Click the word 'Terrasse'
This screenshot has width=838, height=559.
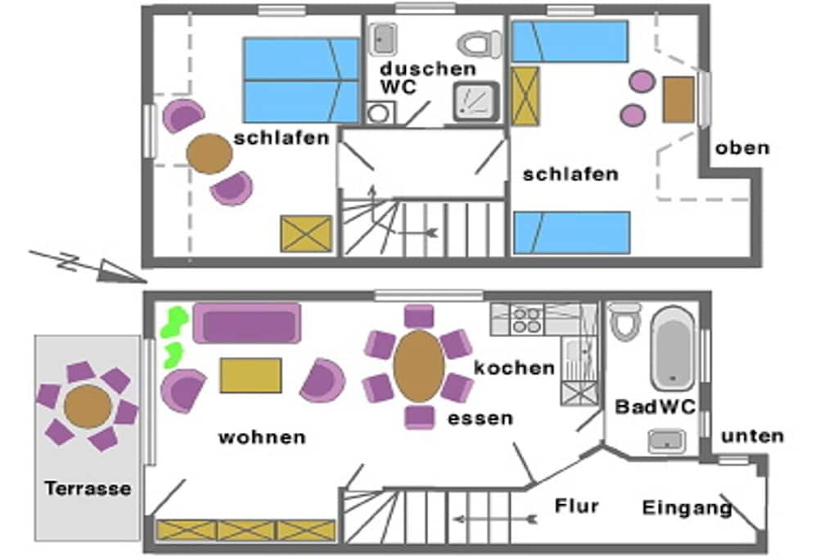click(x=88, y=488)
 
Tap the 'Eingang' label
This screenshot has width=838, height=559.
click(x=687, y=507)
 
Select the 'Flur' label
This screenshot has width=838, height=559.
click(x=577, y=506)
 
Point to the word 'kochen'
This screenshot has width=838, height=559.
click(x=514, y=367)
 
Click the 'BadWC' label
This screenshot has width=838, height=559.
click(x=656, y=407)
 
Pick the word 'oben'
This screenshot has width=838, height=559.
click(x=742, y=147)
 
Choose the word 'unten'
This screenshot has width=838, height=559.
click(x=753, y=436)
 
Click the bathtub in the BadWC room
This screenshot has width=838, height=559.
click(x=673, y=348)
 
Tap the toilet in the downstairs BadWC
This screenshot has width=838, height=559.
click(x=624, y=321)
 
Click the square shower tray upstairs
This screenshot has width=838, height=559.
click(x=476, y=101)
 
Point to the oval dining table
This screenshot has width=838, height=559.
click(x=419, y=367)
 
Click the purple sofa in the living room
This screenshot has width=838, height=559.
click(x=247, y=323)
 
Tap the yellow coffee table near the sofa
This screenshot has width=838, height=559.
click(x=250, y=375)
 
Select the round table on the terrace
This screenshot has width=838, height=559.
click(x=88, y=407)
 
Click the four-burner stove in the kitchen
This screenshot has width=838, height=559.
click(x=526, y=319)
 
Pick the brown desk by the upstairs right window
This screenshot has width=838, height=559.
click(x=678, y=100)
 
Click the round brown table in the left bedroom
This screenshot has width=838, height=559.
click(x=209, y=153)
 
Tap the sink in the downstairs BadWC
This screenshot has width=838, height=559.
click(x=666, y=441)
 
